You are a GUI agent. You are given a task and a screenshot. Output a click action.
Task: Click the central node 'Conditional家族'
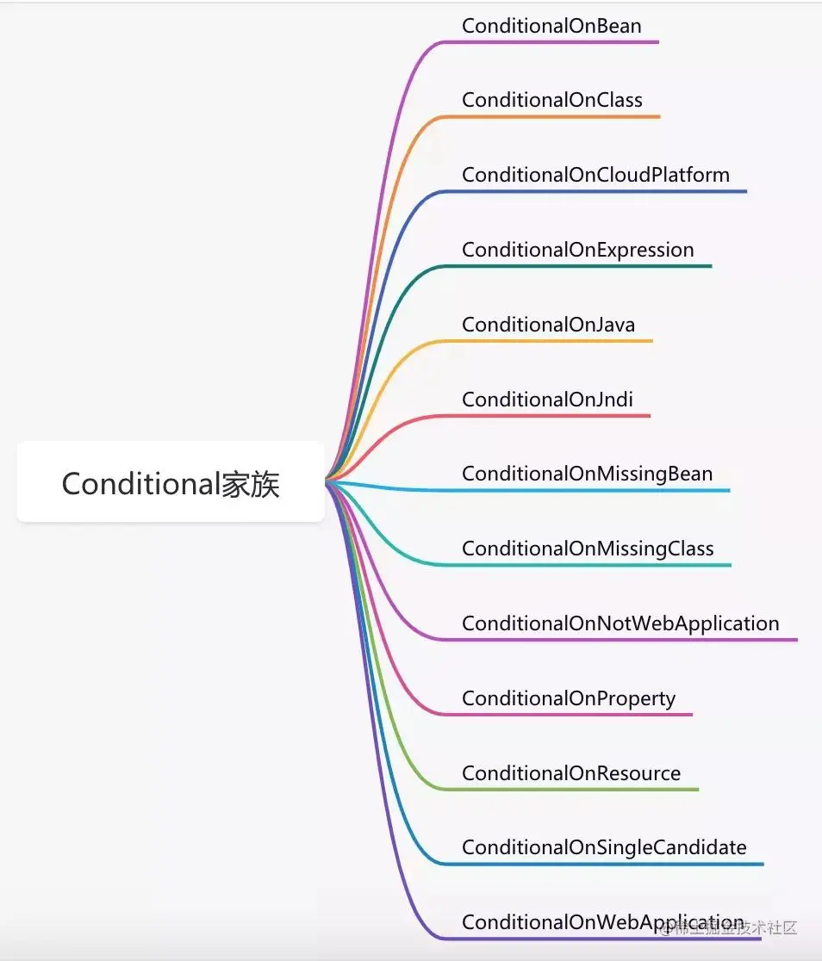(x=171, y=483)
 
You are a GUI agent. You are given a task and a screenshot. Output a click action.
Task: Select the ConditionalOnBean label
(x=551, y=26)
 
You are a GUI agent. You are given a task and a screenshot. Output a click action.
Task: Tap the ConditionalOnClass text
(x=551, y=100)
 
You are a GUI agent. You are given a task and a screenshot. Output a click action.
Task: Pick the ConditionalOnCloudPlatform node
(x=595, y=175)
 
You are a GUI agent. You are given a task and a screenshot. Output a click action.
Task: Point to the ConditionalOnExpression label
(x=577, y=250)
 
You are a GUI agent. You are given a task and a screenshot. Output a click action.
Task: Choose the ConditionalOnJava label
(x=548, y=325)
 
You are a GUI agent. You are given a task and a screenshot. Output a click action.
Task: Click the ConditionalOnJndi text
(x=547, y=400)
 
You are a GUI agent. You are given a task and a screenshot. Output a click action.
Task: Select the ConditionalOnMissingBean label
(x=587, y=474)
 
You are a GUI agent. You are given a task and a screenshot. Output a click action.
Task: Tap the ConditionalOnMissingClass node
(x=588, y=549)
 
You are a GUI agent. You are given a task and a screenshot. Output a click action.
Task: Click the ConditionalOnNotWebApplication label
(x=620, y=623)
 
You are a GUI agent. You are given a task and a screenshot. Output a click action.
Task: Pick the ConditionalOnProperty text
(x=569, y=698)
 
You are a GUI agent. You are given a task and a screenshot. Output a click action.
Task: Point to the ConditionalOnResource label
(x=571, y=773)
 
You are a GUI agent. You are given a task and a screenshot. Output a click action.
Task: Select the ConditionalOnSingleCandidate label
(x=604, y=847)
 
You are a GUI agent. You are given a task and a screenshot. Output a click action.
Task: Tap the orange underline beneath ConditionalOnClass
(x=560, y=116)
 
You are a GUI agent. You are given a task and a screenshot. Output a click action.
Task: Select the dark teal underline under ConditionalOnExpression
(x=586, y=266)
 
